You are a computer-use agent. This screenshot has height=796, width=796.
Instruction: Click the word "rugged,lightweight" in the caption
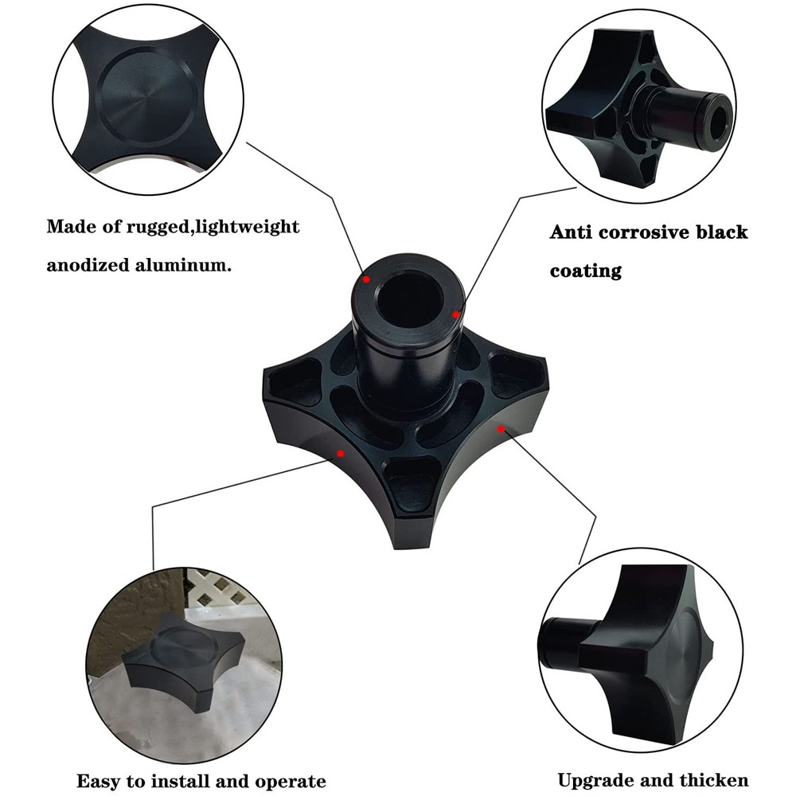coord(213,227)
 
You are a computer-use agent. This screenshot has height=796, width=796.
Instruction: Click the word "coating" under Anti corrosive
coord(586,271)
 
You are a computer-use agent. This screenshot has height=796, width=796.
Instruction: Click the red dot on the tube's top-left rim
coord(366,279)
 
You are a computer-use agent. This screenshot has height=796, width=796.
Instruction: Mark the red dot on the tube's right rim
coord(456,314)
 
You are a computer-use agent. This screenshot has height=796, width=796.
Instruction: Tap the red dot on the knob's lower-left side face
coord(341,454)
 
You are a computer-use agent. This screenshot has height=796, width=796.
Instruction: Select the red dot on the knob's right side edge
coord(501,429)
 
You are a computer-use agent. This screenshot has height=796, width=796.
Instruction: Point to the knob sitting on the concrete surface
coord(183,660)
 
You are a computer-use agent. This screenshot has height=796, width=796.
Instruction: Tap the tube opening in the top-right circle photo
coord(717,122)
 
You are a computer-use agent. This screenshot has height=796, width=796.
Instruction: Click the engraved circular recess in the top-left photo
coord(147,97)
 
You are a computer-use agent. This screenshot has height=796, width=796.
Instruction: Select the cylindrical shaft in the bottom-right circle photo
coord(564,643)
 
